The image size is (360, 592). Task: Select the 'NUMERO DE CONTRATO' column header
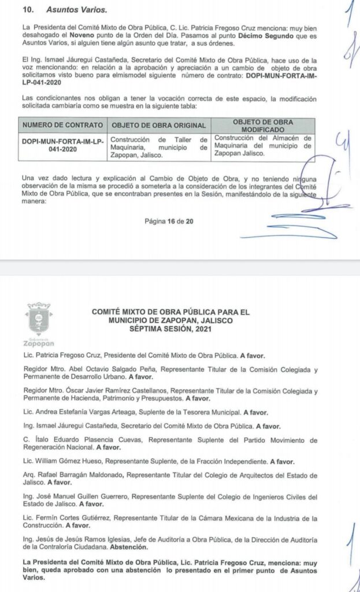[62, 125]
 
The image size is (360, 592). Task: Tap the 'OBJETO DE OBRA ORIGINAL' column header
[158, 125]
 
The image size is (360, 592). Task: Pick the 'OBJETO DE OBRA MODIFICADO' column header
[262, 125]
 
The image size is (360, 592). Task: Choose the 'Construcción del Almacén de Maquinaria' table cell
[262, 146]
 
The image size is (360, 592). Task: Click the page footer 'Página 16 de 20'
[169, 220]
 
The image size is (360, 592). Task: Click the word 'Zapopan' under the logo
[39, 346]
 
